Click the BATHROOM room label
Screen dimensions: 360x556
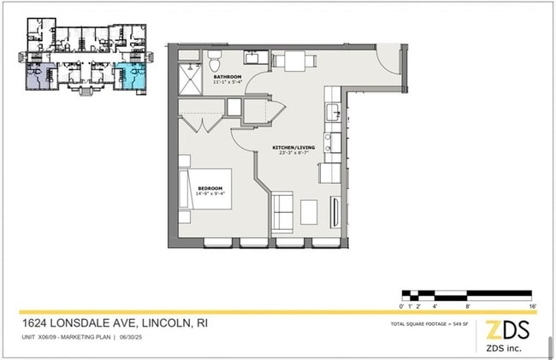coord(228,78)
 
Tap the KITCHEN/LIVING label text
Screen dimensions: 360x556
coord(293,147)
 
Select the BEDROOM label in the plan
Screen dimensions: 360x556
coord(210,187)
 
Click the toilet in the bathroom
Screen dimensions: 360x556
coord(215,62)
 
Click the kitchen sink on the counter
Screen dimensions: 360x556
coord(333,112)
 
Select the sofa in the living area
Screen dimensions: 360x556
coord(281,210)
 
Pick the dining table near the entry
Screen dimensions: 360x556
coord(294,60)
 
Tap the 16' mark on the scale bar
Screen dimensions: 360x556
coord(532,305)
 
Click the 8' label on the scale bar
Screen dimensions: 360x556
coord(467,305)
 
